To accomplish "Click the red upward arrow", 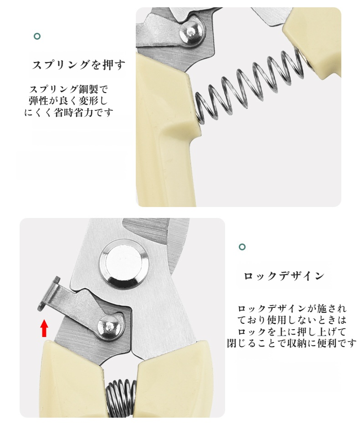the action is coord(44,328).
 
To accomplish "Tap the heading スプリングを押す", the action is coord(79,65).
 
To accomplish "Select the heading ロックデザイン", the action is coord(284,276).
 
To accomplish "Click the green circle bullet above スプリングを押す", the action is coord(37,36).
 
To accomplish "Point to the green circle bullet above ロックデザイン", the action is coord(242,247).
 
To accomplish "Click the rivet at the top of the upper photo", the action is coord(191,32).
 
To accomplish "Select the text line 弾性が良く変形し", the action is coord(68,101).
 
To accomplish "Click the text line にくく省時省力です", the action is coord(69,113).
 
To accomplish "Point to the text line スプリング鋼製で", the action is coord(69,89).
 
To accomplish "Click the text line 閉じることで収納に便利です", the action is coord(292,343).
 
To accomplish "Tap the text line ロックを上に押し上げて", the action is coord(292,332).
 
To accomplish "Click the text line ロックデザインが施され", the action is coord(292,309).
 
